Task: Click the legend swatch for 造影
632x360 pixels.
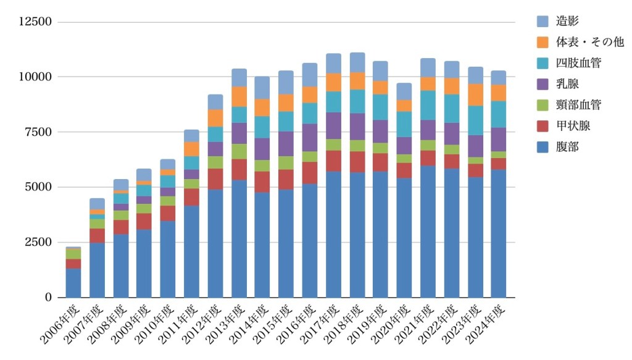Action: click(544, 21)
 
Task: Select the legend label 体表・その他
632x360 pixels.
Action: click(589, 42)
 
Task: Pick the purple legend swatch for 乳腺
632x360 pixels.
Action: click(544, 84)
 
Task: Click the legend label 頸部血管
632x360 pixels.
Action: click(579, 105)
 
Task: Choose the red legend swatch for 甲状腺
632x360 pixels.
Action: click(544, 126)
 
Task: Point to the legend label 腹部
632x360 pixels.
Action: click(568, 147)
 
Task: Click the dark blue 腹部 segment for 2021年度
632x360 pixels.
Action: click(428, 232)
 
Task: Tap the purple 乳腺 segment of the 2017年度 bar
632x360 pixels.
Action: click(333, 126)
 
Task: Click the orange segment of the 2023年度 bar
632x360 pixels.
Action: click(475, 94)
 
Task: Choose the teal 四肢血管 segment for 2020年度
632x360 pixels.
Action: click(404, 124)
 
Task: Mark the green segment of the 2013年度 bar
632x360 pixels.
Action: click(239, 151)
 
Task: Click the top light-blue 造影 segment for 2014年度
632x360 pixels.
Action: click(262, 88)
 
